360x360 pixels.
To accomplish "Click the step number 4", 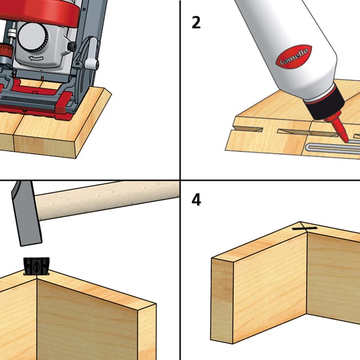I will (x=197, y=201).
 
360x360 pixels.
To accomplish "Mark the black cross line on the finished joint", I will (x=305, y=229).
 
